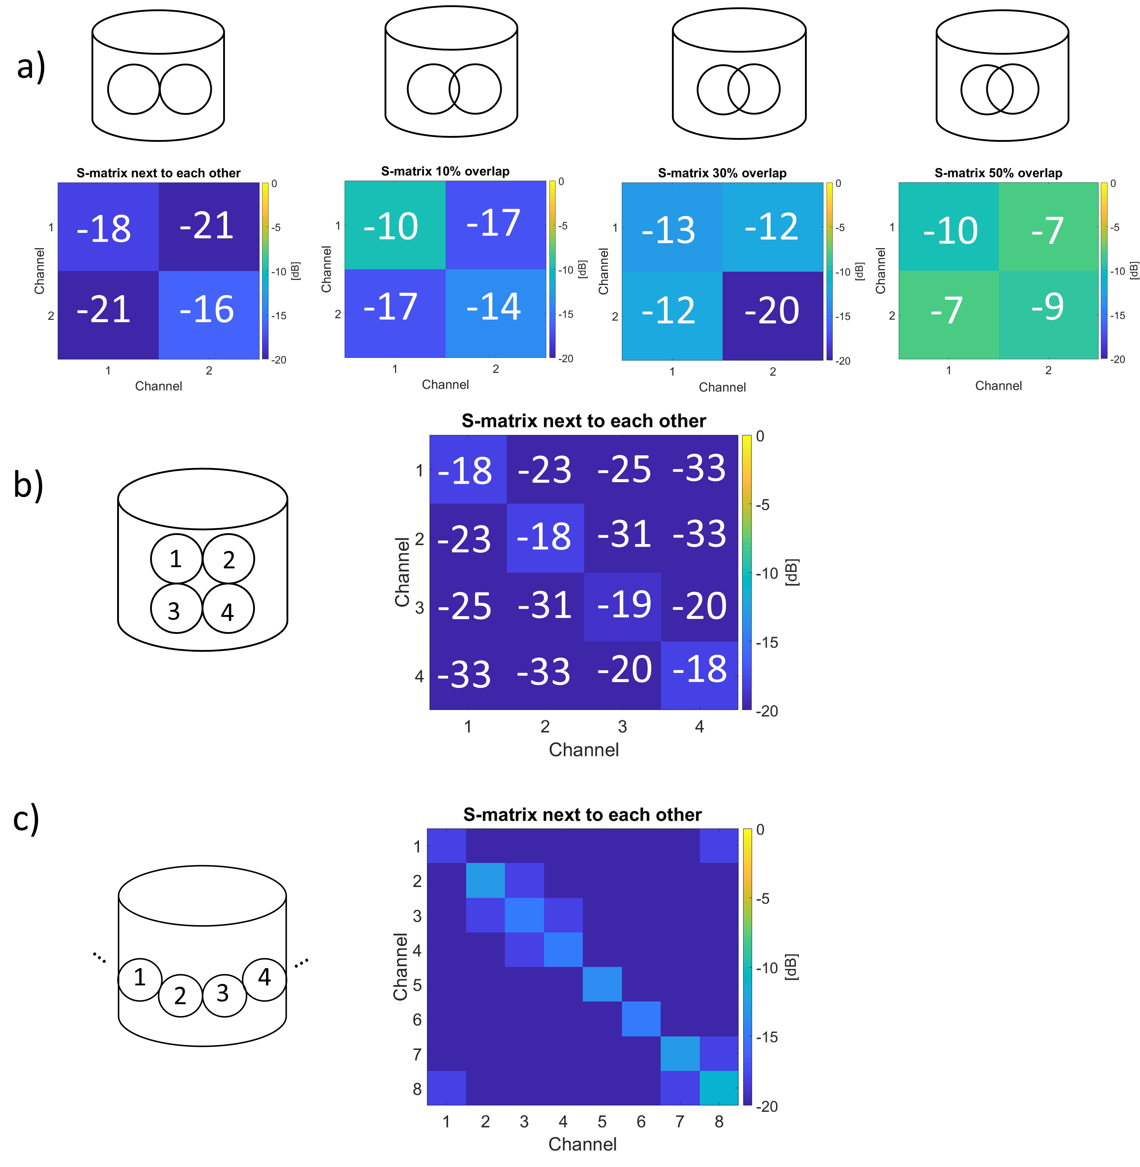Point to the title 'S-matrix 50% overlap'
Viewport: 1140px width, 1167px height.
click(998, 173)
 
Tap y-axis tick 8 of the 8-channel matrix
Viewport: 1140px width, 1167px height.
click(417, 1089)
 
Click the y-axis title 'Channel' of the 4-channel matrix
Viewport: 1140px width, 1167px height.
click(402, 571)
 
